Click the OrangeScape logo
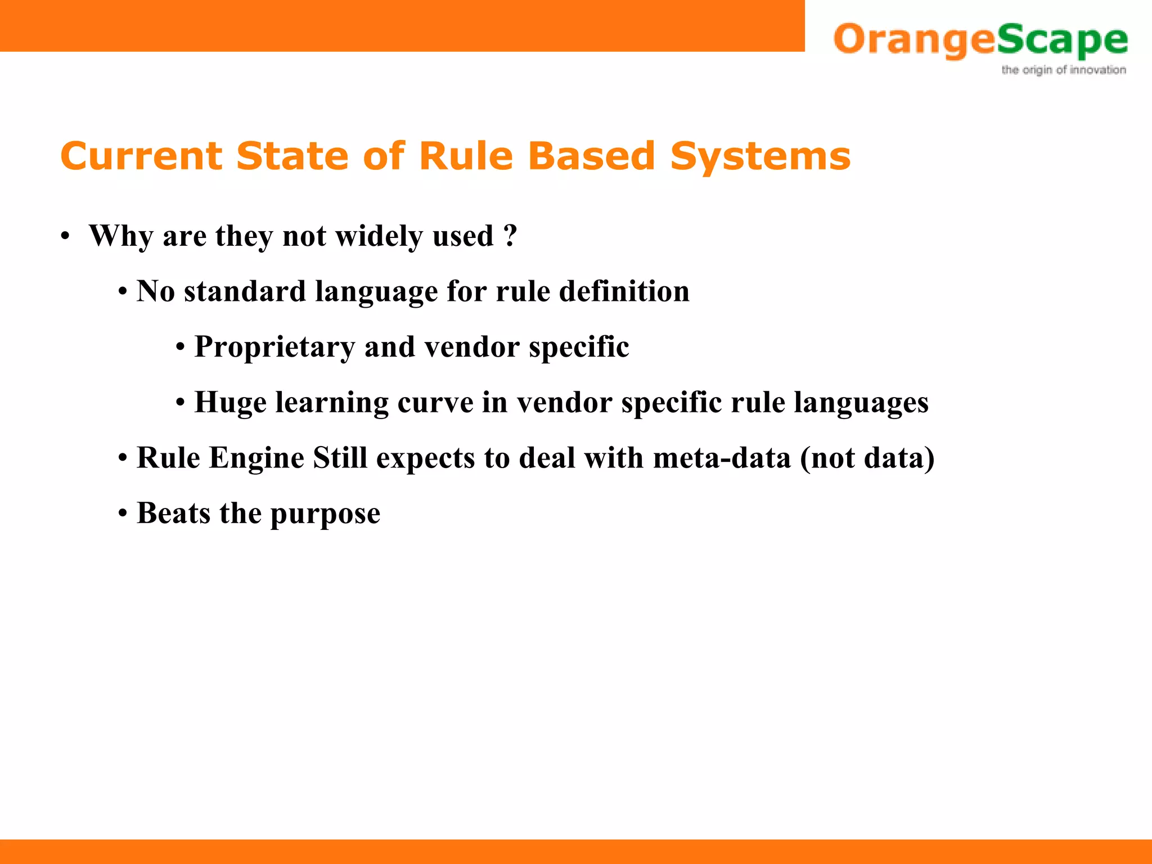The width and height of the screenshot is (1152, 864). tap(980, 40)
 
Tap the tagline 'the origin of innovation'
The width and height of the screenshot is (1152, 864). tap(1063, 70)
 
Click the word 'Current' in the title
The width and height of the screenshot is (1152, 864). tap(141, 156)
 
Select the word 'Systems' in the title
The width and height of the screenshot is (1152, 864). tap(760, 157)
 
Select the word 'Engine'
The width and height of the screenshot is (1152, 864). tap(256, 457)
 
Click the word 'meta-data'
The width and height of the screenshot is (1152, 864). tap(722, 457)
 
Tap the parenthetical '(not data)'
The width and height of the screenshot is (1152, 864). tap(867, 457)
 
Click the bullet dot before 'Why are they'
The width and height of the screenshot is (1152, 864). tap(66, 236)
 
